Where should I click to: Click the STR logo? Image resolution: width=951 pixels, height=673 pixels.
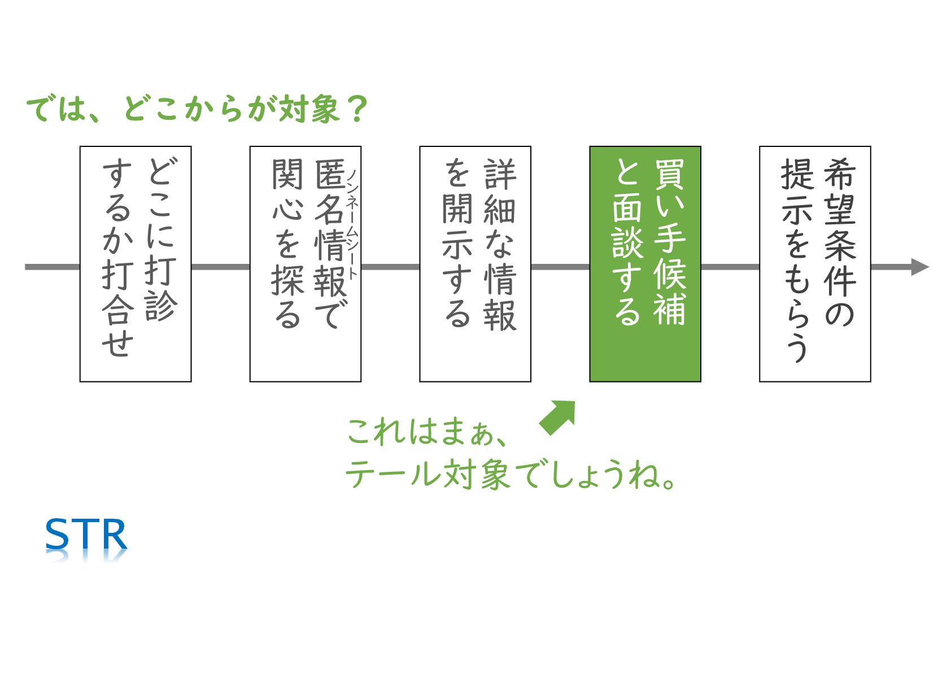point(86,535)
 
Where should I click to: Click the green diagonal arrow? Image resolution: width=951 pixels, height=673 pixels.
point(558,417)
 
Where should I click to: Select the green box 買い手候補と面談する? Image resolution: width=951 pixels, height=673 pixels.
point(645,264)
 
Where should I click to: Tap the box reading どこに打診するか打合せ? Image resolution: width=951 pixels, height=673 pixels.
point(136,264)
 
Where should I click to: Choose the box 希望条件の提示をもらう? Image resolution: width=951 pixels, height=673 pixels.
point(814,264)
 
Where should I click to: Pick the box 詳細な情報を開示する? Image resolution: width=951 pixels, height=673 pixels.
point(475,264)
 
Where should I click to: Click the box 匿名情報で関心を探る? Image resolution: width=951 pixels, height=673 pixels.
point(305,264)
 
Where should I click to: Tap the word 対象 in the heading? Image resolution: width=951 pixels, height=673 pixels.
point(310,109)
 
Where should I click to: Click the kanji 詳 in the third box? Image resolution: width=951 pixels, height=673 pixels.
point(500,173)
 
